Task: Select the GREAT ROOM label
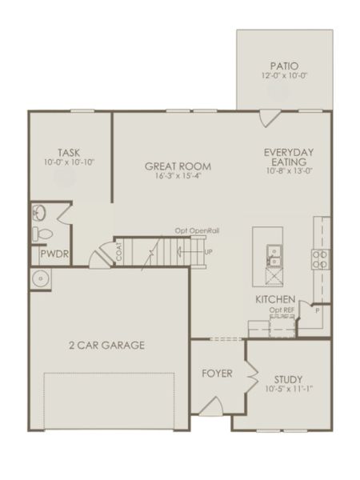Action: (178, 166)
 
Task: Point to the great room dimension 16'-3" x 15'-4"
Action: (178, 177)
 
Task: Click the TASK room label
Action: (68, 152)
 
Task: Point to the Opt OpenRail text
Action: (198, 231)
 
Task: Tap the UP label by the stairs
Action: (209, 253)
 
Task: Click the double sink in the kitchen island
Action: (273, 254)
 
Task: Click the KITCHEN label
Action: (275, 299)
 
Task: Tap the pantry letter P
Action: (317, 308)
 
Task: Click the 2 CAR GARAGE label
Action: (106, 346)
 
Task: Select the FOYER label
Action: (217, 374)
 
